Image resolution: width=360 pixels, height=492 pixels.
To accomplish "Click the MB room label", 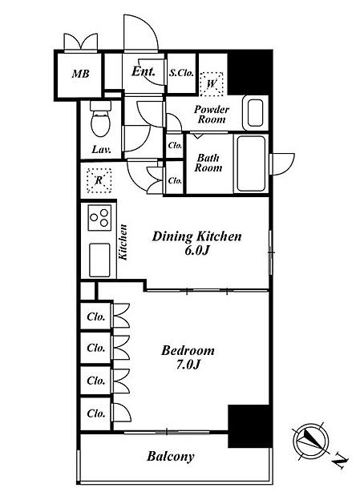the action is click(x=81, y=74).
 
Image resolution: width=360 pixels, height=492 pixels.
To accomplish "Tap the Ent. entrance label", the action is click(x=144, y=71).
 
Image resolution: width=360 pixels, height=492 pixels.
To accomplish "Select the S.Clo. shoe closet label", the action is click(x=181, y=73).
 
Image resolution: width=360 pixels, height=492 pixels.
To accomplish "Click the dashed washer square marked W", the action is click(x=212, y=84).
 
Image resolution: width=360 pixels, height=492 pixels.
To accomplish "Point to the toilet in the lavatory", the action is click(x=100, y=119).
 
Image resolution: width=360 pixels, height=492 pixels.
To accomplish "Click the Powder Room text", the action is click(x=212, y=115).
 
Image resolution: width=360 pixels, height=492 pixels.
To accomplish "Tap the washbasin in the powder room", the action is click(x=255, y=113).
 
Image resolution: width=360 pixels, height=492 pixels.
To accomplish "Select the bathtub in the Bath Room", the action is click(x=251, y=163).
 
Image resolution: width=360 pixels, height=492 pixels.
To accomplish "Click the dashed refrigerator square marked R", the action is click(x=99, y=180).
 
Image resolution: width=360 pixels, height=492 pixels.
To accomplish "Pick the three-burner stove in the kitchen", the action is click(x=99, y=217).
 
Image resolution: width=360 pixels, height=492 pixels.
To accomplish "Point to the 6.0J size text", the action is click(x=196, y=251).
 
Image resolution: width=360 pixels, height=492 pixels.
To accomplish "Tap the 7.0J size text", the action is click(x=188, y=365).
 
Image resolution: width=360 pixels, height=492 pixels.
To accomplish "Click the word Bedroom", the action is click(x=188, y=350).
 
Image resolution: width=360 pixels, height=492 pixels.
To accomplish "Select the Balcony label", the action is click(x=171, y=457).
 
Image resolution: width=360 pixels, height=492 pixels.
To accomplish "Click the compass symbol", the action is click(x=311, y=440).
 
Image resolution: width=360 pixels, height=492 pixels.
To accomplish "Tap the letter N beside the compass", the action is click(x=340, y=461).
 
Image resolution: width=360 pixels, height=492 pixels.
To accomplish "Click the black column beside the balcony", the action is click(x=250, y=426).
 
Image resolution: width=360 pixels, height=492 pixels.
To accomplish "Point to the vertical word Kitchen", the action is click(x=123, y=242).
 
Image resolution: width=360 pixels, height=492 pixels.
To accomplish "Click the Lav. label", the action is click(x=101, y=149).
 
